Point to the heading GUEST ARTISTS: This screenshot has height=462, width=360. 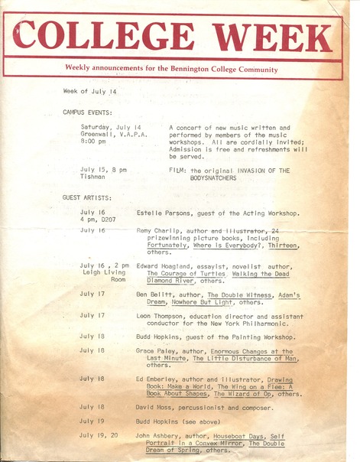point(87,197)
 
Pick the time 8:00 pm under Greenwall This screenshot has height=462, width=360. point(94,142)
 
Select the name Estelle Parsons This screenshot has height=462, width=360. point(162,212)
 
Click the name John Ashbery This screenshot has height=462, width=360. point(159,435)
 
